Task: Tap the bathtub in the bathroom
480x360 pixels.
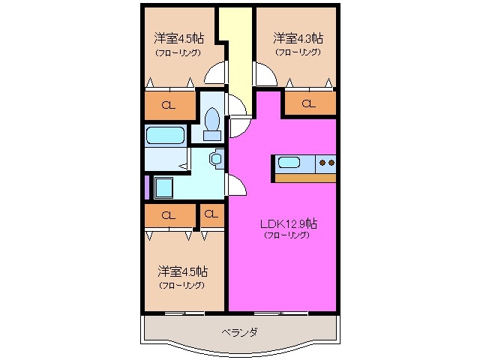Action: tap(166, 136)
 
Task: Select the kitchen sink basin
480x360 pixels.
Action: tap(289, 162)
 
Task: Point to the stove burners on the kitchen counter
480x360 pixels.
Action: tap(327, 161)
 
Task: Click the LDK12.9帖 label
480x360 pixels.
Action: tap(288, 223)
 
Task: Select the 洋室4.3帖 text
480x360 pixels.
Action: tap(298, 37)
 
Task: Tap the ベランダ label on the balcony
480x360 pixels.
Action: tap(239, 332)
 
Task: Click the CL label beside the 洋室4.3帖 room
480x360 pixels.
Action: tap(308, 103)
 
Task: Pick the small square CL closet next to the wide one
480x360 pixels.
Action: tap(211, 215)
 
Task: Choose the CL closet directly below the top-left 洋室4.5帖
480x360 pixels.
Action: tap(169, 105)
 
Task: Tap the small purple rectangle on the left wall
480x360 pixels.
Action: tap(146, 186)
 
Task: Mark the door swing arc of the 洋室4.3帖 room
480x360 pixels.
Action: tap(265, 75)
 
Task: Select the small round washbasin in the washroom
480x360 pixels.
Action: tap(216, 159)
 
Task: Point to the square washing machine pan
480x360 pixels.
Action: tap(163, 186)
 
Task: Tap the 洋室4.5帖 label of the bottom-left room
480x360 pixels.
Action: tap(182, 271)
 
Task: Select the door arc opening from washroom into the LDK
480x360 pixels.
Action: tap(235, 184)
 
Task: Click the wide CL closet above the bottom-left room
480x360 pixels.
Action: tap(169, 215)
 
